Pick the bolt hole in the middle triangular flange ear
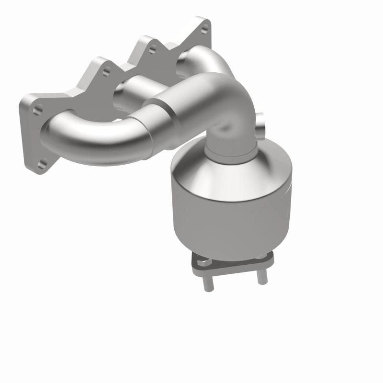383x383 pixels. [153, 49]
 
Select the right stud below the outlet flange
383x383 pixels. [261, 277]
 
